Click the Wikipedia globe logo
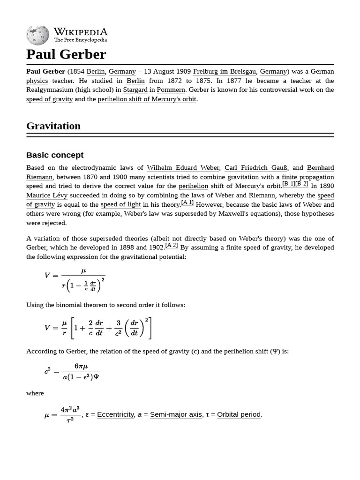37,35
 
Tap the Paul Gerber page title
66,54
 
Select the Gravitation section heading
53,126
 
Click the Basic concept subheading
55,155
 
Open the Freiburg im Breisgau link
225,71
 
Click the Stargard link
135,90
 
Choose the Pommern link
171,90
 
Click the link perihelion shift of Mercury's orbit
147,99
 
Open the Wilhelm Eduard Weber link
183,168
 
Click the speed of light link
120,204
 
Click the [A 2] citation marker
172,245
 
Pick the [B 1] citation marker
289,184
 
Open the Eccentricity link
115,414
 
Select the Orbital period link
239,414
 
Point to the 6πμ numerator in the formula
81,366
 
